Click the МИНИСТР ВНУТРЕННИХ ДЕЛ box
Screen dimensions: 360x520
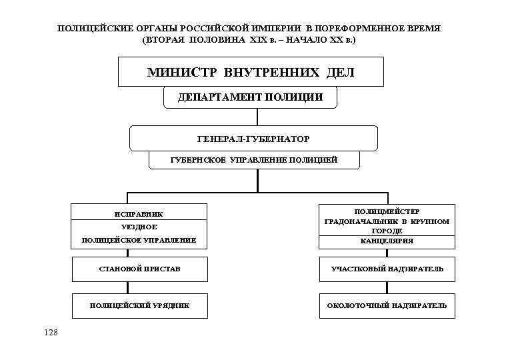[251, 72]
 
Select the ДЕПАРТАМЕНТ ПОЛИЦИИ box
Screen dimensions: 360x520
[250, 97]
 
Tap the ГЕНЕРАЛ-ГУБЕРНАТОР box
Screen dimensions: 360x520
[253, 138]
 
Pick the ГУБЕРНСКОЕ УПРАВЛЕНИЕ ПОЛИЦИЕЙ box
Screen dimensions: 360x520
[253, 160]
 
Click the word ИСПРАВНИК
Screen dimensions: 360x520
[139, 214]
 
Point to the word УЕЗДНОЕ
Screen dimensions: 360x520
[139, 227]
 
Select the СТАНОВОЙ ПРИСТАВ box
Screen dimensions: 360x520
[139, 269]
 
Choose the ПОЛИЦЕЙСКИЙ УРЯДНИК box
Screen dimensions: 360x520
[139, 305]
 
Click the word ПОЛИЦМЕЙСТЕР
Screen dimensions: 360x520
[387, 211]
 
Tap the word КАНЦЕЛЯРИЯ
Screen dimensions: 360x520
[387, 241]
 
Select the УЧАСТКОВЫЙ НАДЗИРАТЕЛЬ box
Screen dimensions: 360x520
[387, 269]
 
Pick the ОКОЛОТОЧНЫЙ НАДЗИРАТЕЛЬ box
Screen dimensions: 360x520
[387, 305]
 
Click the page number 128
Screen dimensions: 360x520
[51, 331]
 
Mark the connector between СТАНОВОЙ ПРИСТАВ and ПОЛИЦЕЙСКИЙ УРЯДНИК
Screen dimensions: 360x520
[127, 287]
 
